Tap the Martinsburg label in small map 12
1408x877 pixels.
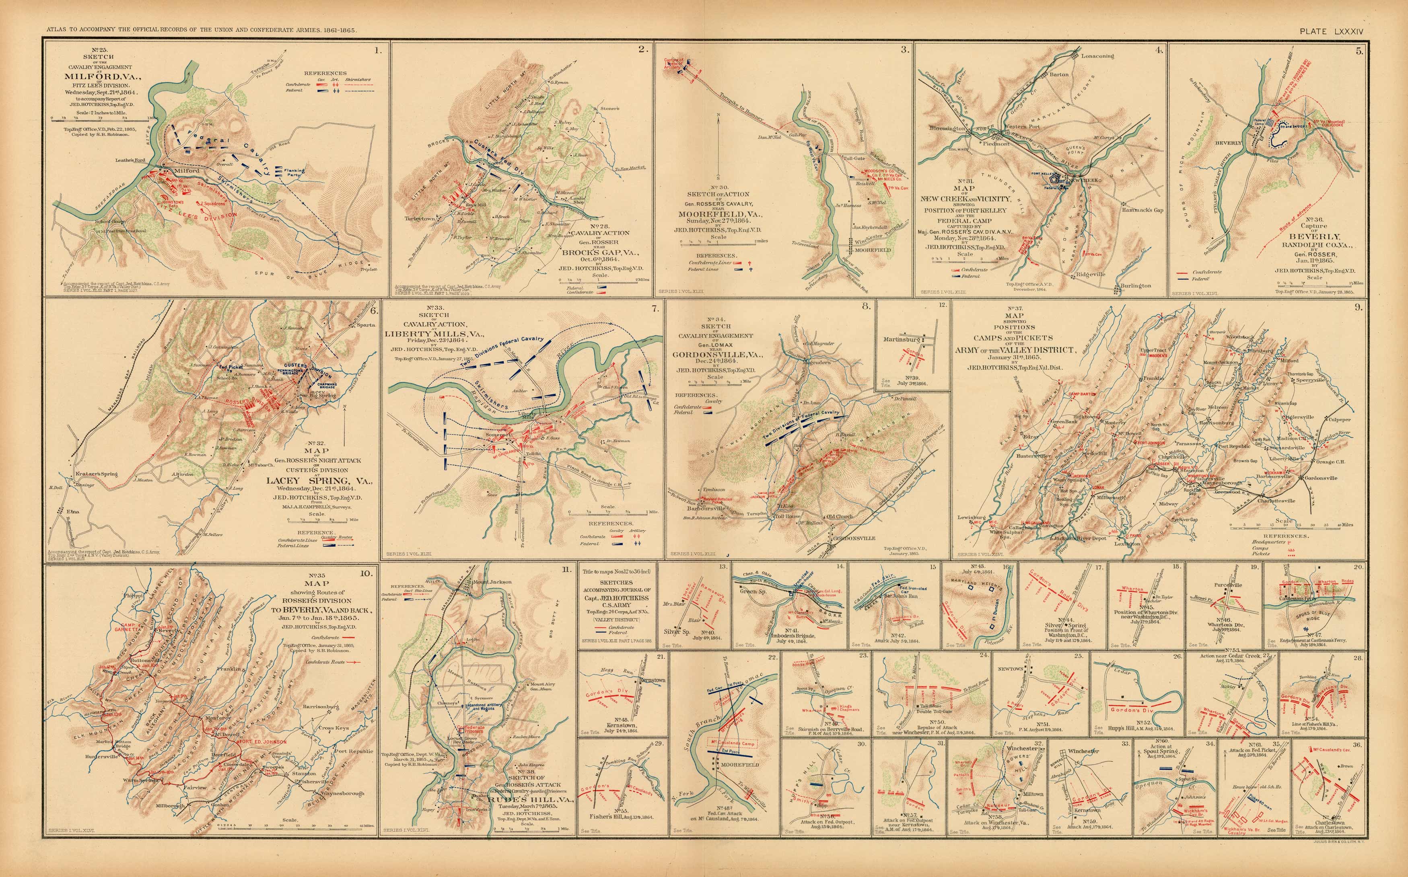tap(902, 339)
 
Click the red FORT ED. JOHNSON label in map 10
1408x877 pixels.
tap(263, 742)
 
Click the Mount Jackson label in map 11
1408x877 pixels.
tap(492, 582)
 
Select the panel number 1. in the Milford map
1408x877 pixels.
tap(378, 50)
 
